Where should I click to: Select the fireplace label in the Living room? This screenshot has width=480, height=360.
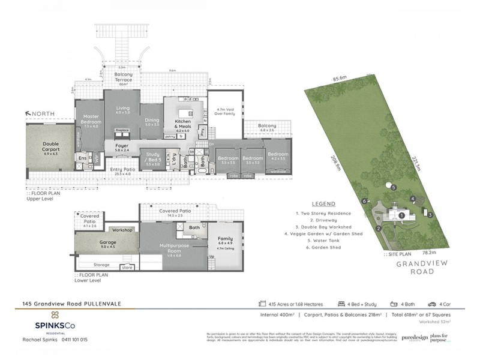(x=123, y=130)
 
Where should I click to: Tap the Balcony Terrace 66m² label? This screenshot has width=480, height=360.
(x=123, y=78)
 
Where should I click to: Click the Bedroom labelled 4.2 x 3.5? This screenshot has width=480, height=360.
(x=278, y=157)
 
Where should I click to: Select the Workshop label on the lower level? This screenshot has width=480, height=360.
(x=123, y=230)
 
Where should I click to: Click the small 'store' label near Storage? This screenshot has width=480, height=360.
(x=127, y=268)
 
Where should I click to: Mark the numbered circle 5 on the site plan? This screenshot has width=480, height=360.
(x=393, y=188)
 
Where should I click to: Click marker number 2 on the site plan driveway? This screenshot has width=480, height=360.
(x=379, y=228)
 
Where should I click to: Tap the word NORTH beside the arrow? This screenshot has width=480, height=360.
(x=44, y=112)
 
